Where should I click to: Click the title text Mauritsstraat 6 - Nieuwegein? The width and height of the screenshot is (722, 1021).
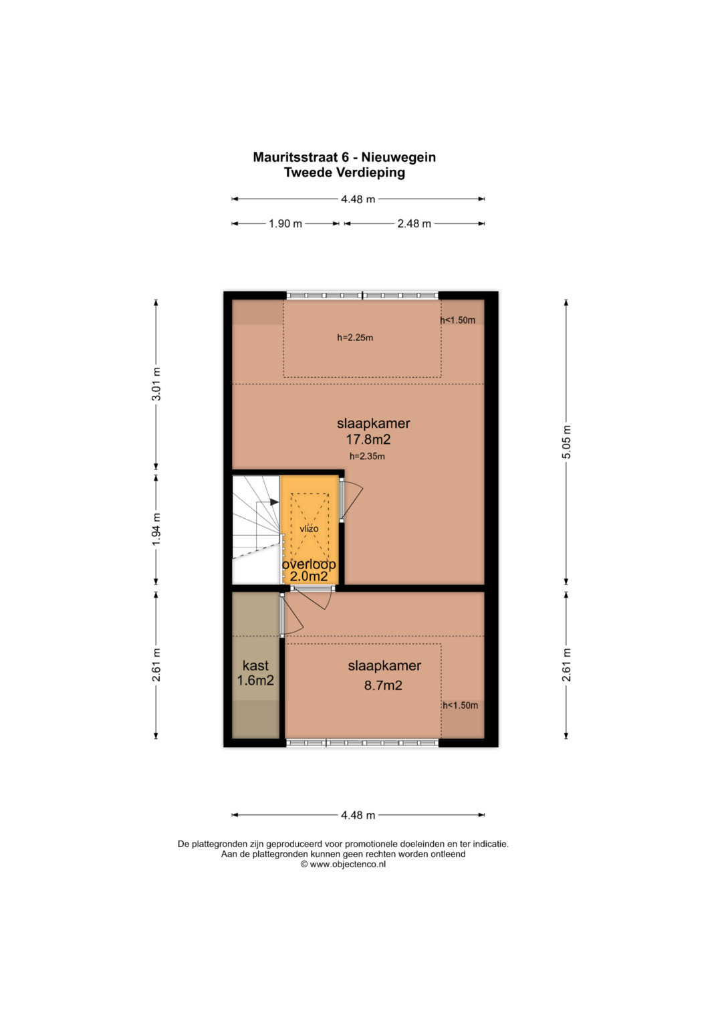344,157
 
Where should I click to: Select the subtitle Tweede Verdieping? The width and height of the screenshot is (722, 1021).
344,173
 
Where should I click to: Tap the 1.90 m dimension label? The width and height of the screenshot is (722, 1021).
285,224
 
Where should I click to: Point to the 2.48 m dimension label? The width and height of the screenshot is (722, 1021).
414,224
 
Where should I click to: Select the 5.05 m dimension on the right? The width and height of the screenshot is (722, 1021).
566,442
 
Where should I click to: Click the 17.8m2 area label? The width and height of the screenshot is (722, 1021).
368,439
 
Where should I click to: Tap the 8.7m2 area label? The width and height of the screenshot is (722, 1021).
383,685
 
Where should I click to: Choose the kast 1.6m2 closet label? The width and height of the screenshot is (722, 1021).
255,673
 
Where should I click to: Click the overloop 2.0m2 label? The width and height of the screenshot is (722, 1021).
309,570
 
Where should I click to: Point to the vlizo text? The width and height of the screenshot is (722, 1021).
309,529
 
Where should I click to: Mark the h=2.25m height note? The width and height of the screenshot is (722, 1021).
355,338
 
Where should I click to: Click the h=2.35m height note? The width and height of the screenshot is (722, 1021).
367,456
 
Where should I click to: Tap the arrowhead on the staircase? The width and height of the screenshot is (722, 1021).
274,502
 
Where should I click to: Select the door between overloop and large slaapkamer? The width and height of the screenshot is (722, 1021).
351,501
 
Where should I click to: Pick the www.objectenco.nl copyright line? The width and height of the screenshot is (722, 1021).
343,864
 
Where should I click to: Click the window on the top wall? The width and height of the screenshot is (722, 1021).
362,296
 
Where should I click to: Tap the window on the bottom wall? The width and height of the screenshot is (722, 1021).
362,743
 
